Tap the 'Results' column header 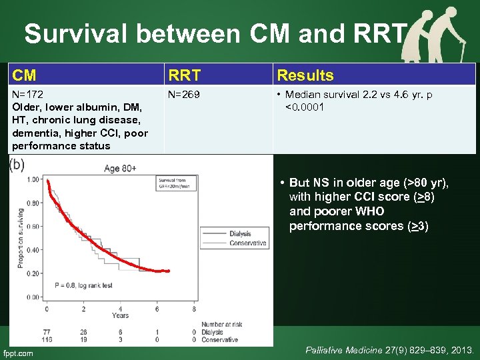tap(305, 75)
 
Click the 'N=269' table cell tap(183, 95)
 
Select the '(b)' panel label tap(17, 165)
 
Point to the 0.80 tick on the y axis tap(32, 203)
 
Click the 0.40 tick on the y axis tap(32, 249)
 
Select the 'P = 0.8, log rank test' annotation tap(83, 285)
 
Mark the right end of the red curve tap(169, 271)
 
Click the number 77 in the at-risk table tap(47, 331)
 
